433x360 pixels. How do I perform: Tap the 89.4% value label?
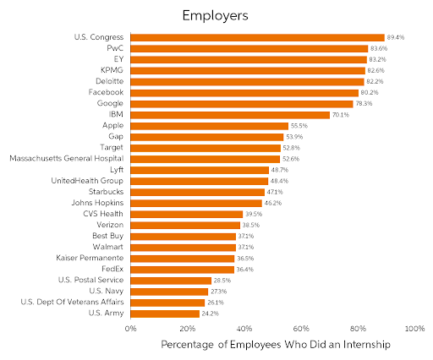pos(396,38)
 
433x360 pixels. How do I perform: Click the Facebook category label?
pos(106,92)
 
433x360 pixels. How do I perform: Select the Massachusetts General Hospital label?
pos(67,158)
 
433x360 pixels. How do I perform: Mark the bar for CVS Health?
pos(186,214)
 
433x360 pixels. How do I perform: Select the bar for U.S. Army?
pos(165,314)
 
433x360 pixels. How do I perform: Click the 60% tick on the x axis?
pos(301,329)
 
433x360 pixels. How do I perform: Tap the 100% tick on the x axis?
pos(414,329)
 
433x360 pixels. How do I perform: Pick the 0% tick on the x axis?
pos(131,329)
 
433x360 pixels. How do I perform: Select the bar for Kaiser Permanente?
pos(182,258)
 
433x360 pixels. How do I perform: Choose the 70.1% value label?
pos(341,114)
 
